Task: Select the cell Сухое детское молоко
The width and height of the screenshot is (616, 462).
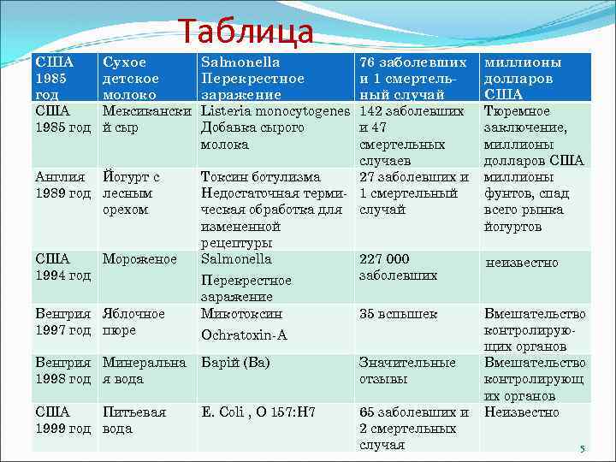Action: [x=125, y=79]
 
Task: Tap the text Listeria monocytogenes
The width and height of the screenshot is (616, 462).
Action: [x=275, y=111]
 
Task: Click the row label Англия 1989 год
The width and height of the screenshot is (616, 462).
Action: [x=62, y=185]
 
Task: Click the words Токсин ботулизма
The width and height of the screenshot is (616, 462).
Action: [x=260, y=177]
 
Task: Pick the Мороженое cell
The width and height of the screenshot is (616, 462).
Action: [x=139, y=259]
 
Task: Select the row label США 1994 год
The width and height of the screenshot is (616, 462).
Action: [x=62, y=267]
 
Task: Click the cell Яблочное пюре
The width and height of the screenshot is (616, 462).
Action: [x=133, y=322]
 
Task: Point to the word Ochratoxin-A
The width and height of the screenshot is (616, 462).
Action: [x=243, y=335]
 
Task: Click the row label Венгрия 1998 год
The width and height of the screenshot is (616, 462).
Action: [x=62, y=370]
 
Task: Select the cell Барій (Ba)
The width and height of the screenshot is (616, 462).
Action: [x=235, y=363]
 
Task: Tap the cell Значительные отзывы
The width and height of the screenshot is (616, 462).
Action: [x=407, y=370]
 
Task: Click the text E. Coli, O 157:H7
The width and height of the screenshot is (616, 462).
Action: [x=258, y=412]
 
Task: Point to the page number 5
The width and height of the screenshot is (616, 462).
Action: [x=581, y=449]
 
